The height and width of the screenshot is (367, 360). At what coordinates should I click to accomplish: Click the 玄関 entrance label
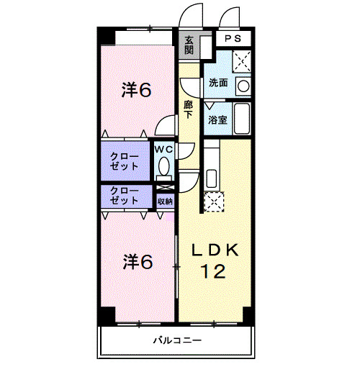189,45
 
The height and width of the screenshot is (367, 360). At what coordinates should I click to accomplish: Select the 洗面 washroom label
218,83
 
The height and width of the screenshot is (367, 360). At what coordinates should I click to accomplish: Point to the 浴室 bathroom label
218,119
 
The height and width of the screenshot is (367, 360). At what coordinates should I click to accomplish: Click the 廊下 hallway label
188,109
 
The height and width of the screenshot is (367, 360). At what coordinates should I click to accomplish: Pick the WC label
164,149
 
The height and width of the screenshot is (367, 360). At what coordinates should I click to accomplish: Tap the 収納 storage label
164,201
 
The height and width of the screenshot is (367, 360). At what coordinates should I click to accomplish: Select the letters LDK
213,250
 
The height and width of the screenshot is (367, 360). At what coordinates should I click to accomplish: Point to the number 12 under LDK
214,271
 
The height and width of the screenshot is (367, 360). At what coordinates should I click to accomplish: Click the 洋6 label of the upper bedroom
136,90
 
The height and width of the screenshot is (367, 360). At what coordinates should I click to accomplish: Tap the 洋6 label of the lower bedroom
136,261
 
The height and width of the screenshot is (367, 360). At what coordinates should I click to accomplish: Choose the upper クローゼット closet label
125,160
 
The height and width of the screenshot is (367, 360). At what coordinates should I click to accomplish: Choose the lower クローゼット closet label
125,196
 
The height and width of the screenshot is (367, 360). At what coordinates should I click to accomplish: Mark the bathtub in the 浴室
241,119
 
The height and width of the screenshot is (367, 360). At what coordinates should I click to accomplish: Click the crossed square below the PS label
242,60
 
